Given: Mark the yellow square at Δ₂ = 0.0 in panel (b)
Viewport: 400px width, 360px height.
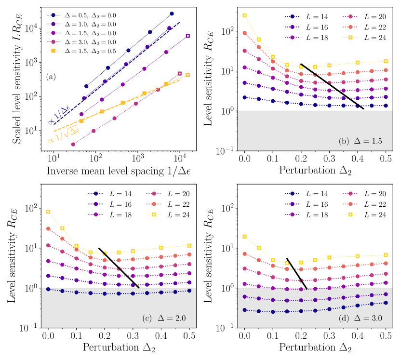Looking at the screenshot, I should point(245,15).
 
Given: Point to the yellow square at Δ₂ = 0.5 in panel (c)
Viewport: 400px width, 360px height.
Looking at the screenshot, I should point(189,246).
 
